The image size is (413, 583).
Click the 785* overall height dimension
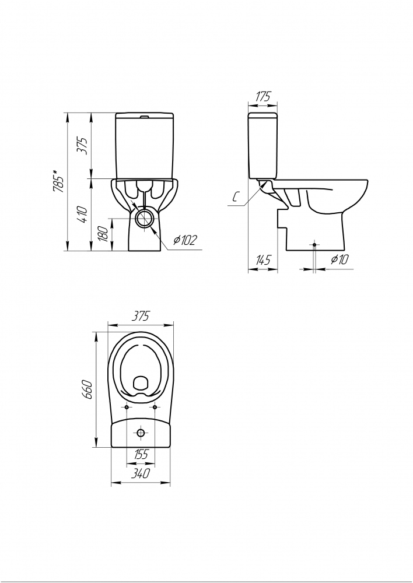coord(58,181)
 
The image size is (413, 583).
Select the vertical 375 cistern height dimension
coord(83,146)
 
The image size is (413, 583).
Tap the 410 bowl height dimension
coord(83,215)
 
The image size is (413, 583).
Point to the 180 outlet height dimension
coord(104,234)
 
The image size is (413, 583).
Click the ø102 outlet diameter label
coord(184,241)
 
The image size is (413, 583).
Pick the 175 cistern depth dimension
coord(262,96)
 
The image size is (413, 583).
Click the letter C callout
coord(235,198)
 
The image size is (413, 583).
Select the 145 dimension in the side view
coord(262,260)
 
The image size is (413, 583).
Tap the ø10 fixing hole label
coord(339,259)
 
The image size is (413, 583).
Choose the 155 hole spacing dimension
coord(141,454)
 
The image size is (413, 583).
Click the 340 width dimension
coord(141,473)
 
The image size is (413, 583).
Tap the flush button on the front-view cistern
coord(145,117)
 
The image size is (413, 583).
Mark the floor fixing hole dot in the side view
coord(315,245)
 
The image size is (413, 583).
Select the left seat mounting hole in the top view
coord(127,408)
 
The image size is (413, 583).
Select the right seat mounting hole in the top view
coord(155,408)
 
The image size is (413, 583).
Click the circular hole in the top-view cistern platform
coord(141,433)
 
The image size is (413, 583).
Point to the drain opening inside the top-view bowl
coord(141,383)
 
